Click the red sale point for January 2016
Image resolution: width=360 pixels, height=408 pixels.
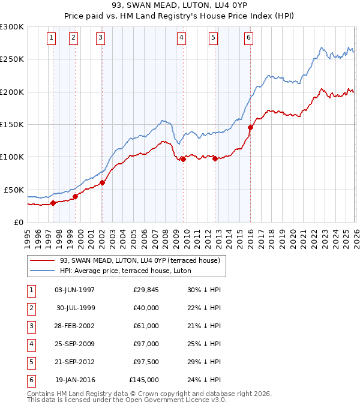coord(250,127)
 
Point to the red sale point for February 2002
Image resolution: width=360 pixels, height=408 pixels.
coord(103,182)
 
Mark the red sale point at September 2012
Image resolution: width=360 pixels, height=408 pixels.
coord(215,158)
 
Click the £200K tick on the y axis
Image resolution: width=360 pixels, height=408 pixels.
coord(12,92)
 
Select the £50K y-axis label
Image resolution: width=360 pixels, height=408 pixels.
coord(14,190)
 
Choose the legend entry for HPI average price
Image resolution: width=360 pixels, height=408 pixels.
coord(125,271)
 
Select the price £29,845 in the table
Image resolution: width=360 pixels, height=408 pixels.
coord(144,290)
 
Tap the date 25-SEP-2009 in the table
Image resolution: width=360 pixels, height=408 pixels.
coord(75,344)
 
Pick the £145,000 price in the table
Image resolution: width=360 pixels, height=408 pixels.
coord(144,380)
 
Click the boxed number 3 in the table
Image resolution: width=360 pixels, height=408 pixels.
coord(31,326)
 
